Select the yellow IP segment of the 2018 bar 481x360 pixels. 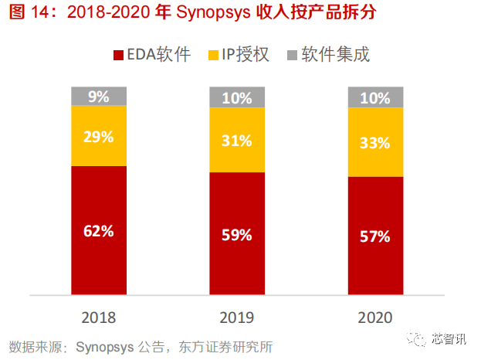point(99,136)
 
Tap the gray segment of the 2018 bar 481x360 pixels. point(99,97)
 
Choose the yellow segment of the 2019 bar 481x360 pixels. point(237,140)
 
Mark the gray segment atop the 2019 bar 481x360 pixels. point(237,97)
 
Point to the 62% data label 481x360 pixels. point(99,230)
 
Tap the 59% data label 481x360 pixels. point(237,235)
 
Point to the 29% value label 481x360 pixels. point(99,137)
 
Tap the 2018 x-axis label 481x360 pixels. point(99,318)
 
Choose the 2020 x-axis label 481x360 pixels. point(375,318)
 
